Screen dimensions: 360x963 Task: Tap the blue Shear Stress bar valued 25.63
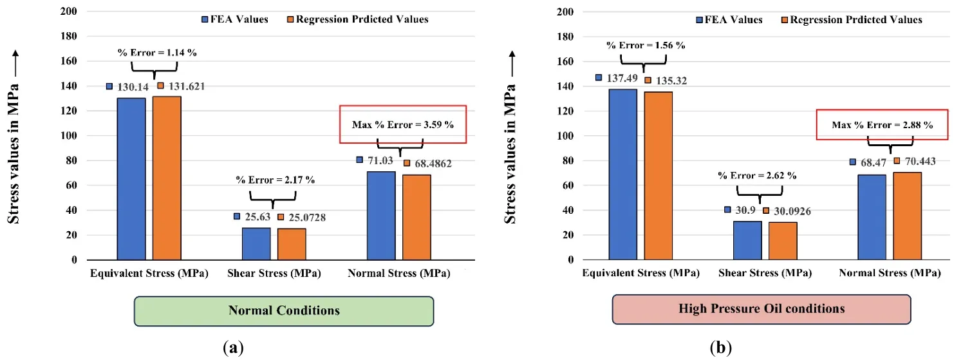point(256,244)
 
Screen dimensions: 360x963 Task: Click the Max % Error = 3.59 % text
point(402,124)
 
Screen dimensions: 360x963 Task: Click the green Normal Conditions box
point(284,310)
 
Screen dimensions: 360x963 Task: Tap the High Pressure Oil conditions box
point(762,309)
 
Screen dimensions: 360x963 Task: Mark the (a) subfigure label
point(233,348)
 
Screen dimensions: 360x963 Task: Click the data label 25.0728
point(306,218)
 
